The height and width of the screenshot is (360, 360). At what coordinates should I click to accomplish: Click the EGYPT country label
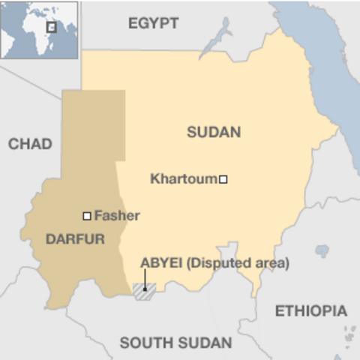point(153,23)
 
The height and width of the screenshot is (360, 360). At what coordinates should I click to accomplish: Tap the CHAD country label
point(30,144)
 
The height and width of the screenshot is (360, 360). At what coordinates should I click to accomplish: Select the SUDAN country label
point(214,132)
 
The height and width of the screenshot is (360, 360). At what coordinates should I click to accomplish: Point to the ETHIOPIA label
point(310,310)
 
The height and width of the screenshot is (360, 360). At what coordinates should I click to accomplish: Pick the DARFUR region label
point(75,239)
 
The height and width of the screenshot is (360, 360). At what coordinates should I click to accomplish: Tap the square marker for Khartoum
point(223,179)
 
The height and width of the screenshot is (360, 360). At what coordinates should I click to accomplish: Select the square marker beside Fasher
point(87,216)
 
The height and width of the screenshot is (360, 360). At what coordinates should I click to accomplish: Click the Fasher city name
point(117,216)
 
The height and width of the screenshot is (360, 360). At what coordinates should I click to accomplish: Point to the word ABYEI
point(160,263)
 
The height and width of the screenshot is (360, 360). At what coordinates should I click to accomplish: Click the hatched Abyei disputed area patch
point(143,291)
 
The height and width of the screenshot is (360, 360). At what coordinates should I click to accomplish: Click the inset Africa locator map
point(39,30)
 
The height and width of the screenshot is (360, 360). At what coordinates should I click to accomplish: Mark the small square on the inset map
point(52,27)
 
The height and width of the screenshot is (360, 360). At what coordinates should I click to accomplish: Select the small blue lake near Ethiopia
point(322,250)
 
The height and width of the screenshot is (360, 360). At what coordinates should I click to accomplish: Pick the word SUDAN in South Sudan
point(205,343)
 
